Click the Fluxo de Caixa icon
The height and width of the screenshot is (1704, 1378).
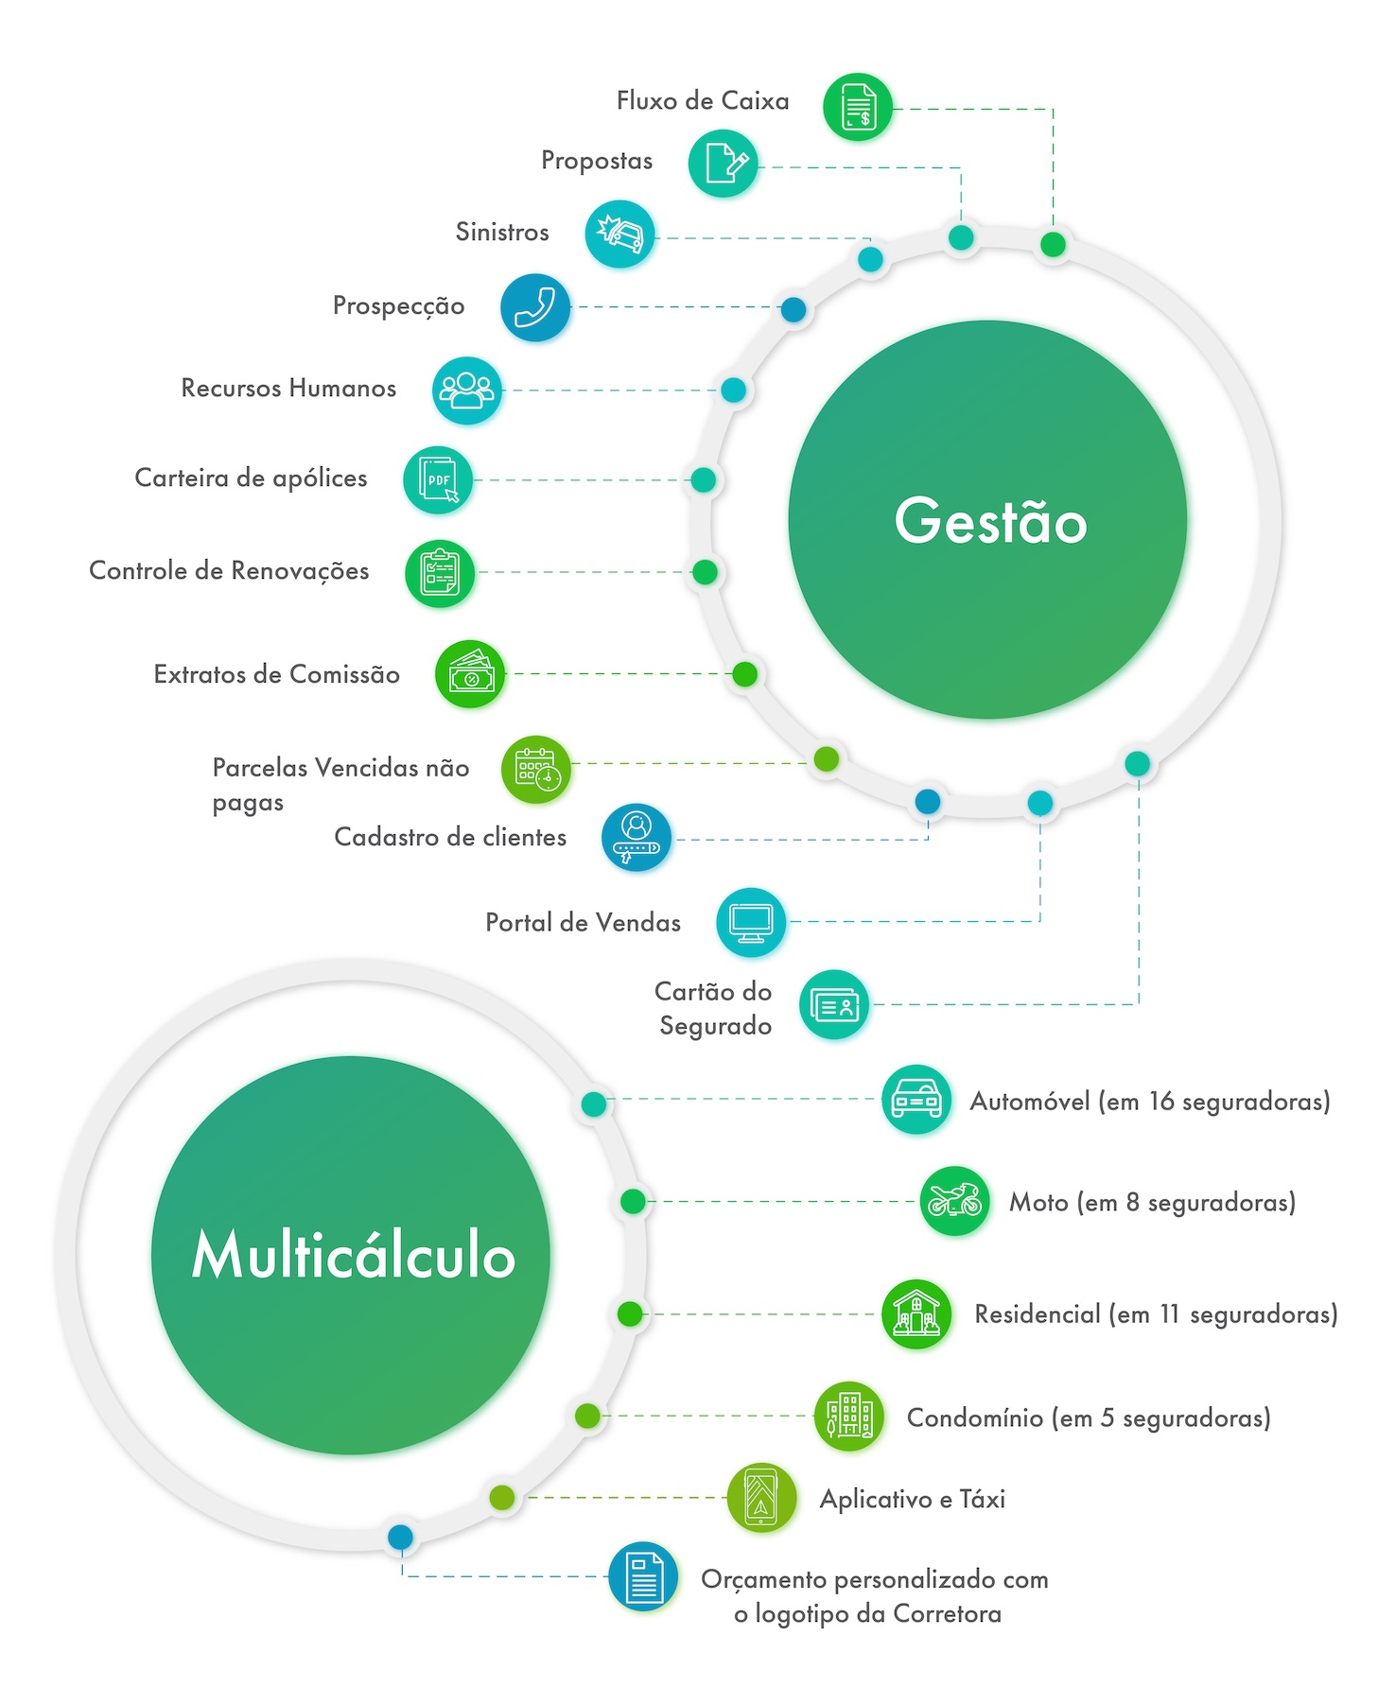tap(857, 107)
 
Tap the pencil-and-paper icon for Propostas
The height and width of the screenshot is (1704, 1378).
tap(724, 164)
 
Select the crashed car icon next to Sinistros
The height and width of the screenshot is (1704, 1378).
tap(619, 234)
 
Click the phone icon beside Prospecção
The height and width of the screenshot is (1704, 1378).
tap(535, 306)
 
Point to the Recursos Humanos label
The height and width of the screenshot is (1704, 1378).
tap(288, 389)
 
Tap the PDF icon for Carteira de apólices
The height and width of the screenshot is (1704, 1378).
tap(438, 480)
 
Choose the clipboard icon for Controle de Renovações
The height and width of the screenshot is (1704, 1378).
tap(440, 573)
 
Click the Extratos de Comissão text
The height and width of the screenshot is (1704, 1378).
tap(276, 674)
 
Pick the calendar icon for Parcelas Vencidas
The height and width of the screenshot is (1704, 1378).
tap(536, 770)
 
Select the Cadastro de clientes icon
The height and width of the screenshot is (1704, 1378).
tap(636, 837)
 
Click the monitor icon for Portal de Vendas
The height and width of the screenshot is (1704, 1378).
tap(751, 922)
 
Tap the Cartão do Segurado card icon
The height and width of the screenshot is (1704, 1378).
tap(833, 1004)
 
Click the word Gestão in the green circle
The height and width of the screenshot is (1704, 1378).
tap(990, 521)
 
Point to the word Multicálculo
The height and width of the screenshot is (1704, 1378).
tap(353, 1256)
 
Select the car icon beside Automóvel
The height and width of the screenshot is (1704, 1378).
tap(916, 1100)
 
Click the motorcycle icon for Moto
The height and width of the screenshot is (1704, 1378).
tap(954, 1201)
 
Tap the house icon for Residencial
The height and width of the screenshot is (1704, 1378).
tap(916, 1314)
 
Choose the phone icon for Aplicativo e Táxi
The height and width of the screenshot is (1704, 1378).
tap(761, 1497)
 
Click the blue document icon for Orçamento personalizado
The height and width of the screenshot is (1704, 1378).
tap(644, 1576)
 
